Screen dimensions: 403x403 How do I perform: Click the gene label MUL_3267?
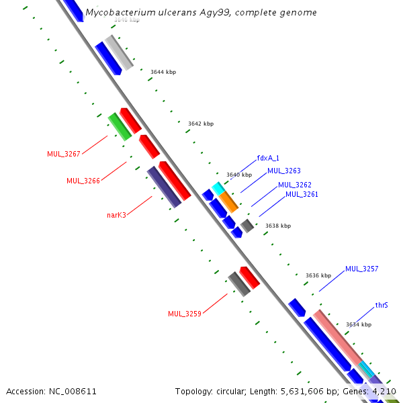(x=64, y=154)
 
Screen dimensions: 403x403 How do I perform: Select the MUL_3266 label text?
(x=83, y=181)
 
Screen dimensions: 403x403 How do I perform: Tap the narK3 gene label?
(x=116, y=215)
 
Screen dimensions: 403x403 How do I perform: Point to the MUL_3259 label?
(x=185, y=314)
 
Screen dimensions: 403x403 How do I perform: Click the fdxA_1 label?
(x=268, y=159)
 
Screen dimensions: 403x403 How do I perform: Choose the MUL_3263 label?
(x=284, y=171)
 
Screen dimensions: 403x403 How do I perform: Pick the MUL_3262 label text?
(x=295, y=185)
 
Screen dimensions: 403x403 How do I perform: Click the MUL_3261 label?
(x=302, y=194)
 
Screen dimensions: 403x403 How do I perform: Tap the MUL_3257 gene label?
(x=362, y=269)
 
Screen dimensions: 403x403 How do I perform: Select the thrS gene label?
(x=382, y=305)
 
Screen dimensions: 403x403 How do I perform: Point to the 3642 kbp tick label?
(x=201, y=124)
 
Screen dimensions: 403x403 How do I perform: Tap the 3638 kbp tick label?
(x=278, y=226)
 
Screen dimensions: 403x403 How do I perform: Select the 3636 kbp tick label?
(x=318, y=275)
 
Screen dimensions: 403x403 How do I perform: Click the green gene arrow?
(x=119, y=126)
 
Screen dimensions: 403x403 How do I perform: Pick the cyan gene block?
(x=218, y=187)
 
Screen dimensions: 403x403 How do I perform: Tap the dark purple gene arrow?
(x=164, y=187)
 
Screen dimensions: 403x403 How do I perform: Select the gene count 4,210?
(x=385, y=391)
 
